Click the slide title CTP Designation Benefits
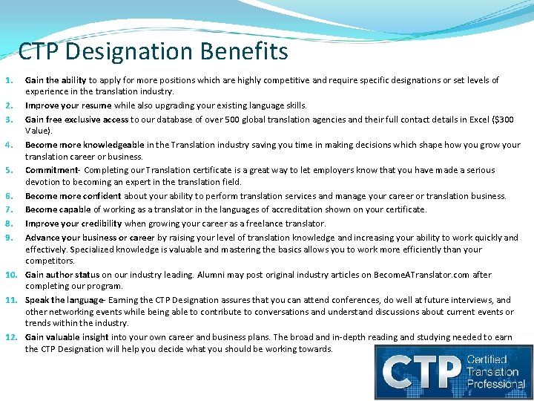153,51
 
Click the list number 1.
10,79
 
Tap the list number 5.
10,169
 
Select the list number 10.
12,275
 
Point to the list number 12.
12,337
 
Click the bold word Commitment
51,169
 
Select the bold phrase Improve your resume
68,105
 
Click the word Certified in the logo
487,359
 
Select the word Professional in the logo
496,383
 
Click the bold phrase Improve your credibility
73,223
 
